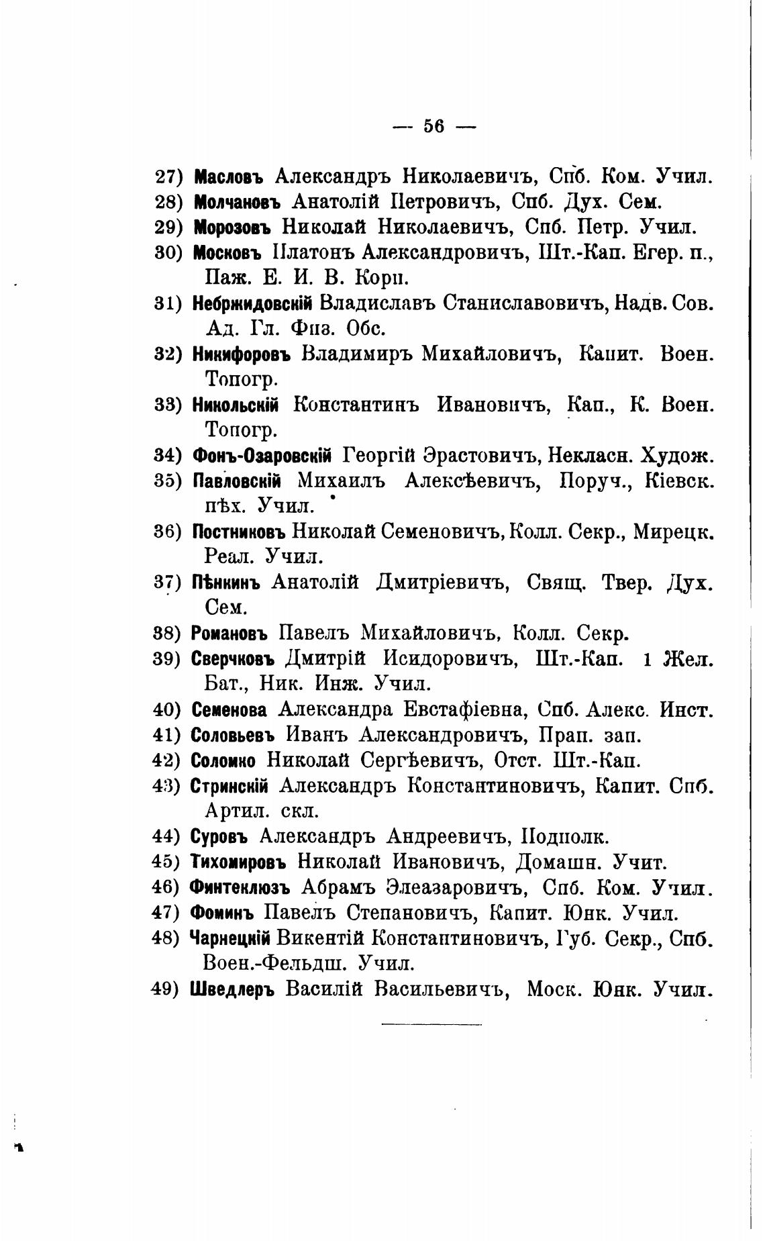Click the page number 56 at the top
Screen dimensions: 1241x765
433,126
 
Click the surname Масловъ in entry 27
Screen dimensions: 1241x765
227,177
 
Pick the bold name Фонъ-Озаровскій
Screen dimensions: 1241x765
262,456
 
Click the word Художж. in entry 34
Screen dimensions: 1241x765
678,456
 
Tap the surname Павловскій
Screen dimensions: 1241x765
236,481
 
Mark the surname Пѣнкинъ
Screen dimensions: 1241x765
225,583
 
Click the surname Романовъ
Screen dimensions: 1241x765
229,633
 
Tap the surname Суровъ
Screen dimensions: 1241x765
219,837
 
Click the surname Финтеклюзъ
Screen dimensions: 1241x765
240,888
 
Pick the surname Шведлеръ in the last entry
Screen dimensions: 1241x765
233,989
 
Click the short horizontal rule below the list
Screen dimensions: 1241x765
431,1024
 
